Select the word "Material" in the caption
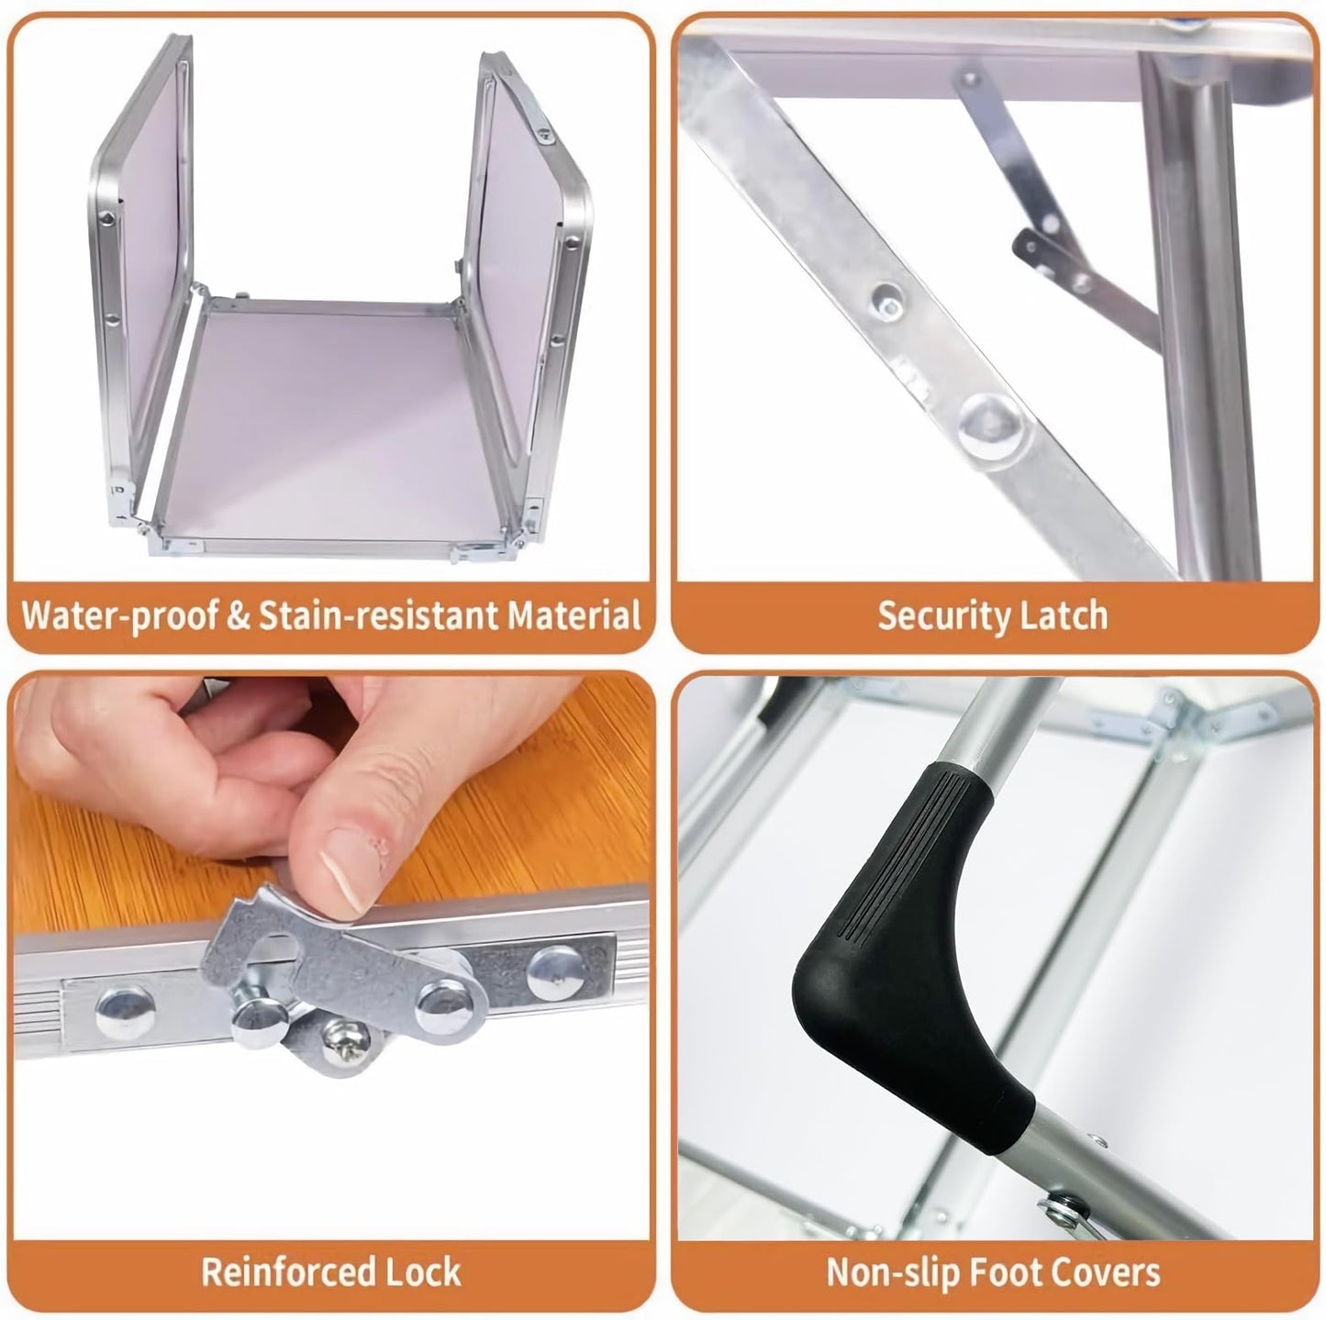[x=574, y=615]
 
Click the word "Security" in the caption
[x=946, y=616]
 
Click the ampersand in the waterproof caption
[x=238, y=616]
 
